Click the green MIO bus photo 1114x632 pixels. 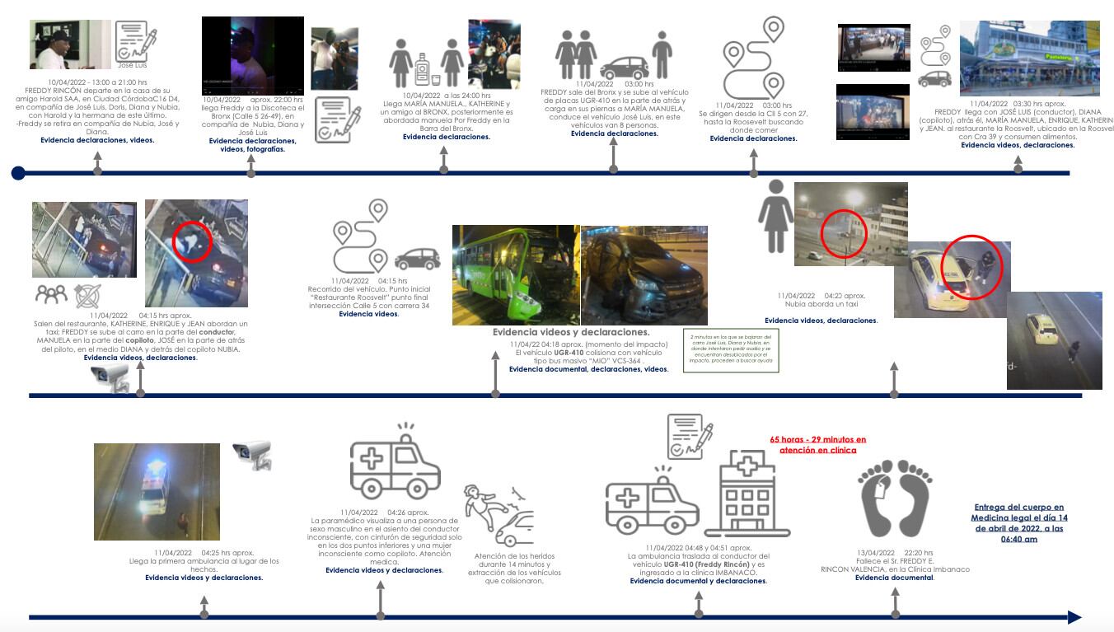(516, 274)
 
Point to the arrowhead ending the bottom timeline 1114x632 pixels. (1073, 617)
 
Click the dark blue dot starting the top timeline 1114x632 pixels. (18, 173)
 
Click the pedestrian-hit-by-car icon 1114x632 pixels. (499, 515)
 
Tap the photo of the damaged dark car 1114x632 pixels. (644, 274)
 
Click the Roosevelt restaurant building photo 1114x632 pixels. (1029, 59)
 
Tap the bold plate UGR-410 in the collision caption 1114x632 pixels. (569, 352)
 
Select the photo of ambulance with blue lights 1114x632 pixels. (157, 491)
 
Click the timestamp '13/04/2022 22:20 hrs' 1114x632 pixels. (894, 553)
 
